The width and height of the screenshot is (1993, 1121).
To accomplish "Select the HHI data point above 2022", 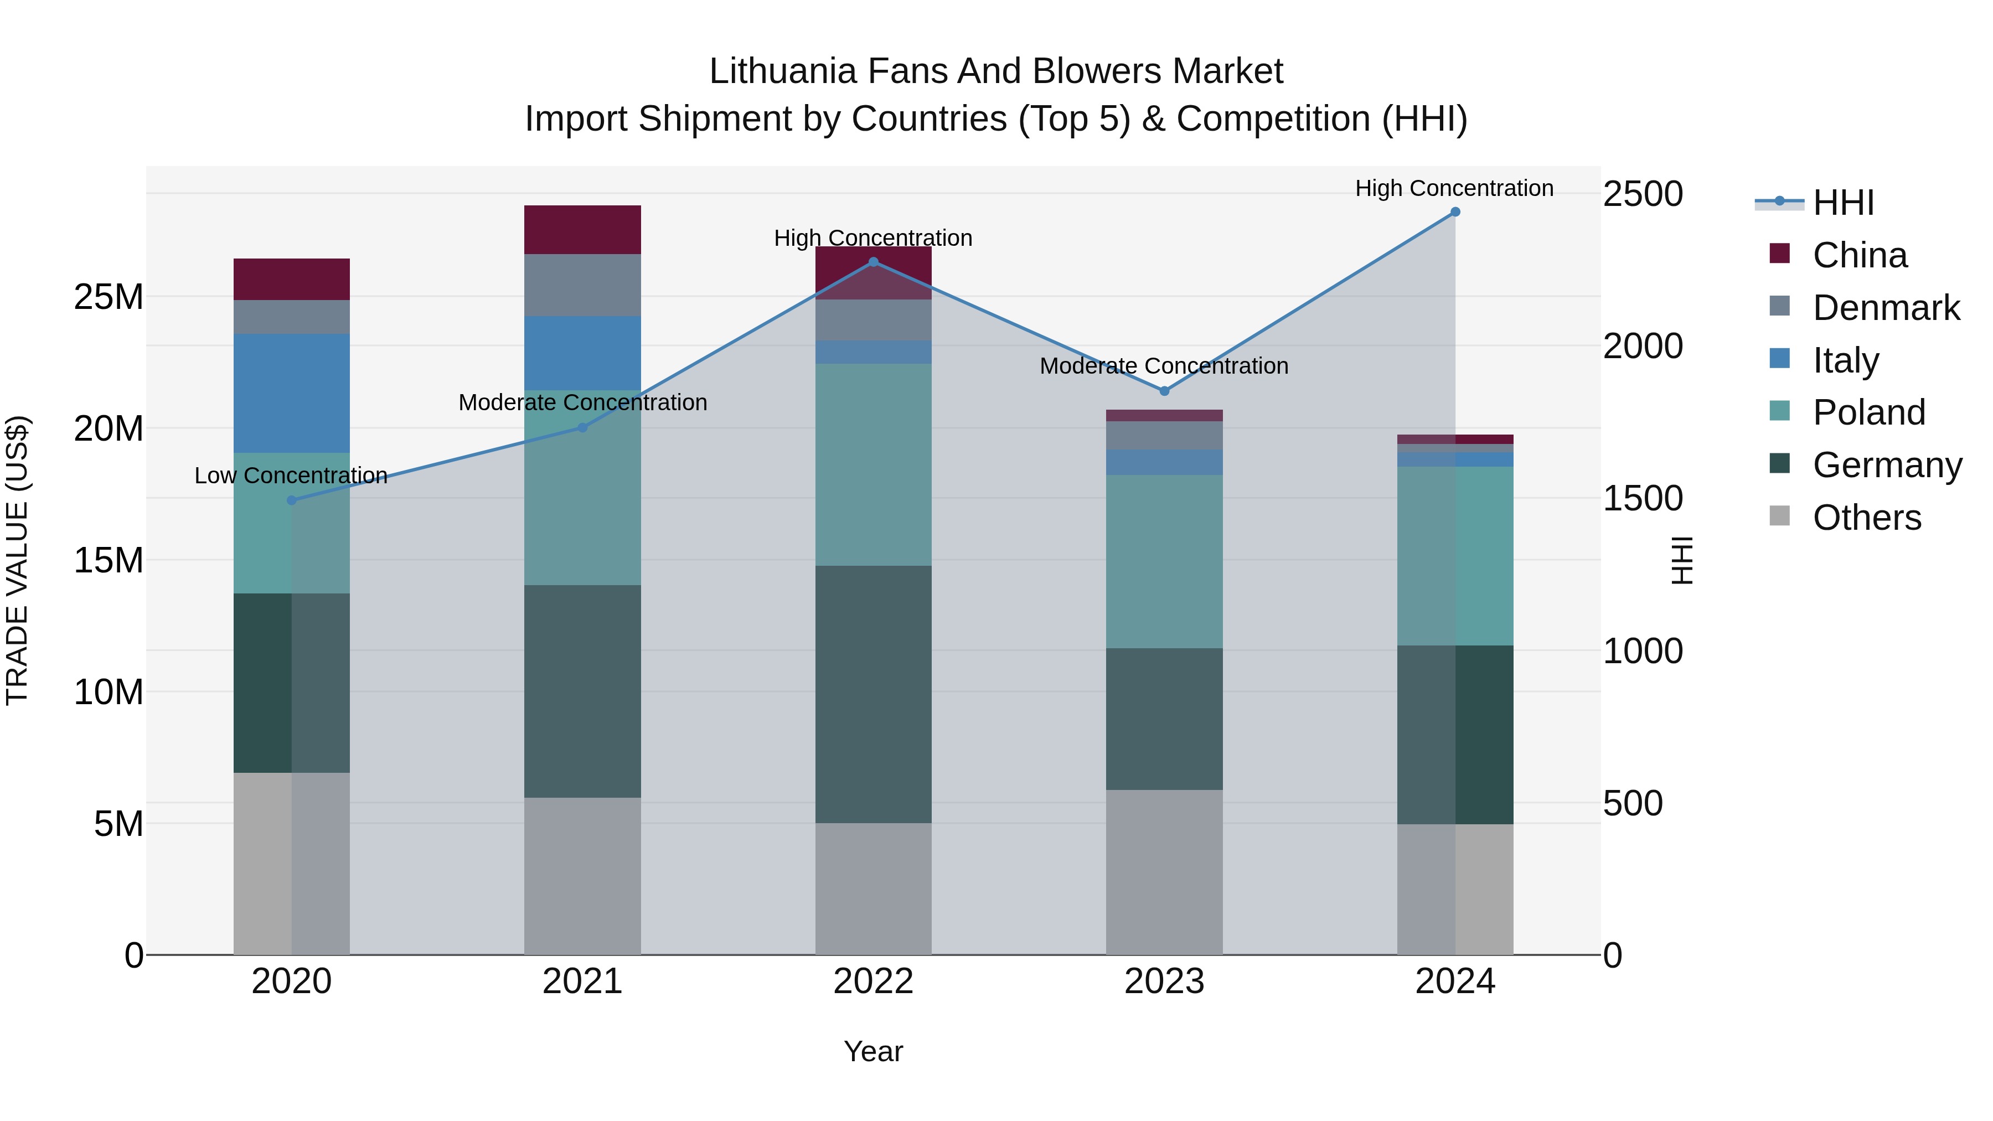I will coord(874,262).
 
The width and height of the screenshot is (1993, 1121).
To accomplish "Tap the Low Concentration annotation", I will coord(291,476).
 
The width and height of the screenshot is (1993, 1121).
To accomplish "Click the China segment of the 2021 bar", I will coord(582,230).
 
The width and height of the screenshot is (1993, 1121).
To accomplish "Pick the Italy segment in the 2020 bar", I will coord(292,393).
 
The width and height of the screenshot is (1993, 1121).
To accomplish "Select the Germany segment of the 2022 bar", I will coord(874,694).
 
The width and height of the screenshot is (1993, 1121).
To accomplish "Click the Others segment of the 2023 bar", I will coord(1164,872).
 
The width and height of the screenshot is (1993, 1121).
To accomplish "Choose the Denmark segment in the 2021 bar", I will coord(582,285).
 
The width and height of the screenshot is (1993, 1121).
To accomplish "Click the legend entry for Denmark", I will coord(1886,308).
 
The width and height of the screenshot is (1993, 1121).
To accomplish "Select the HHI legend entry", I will coord(1843,203).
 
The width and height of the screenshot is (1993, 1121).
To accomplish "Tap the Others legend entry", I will coord(1866,518).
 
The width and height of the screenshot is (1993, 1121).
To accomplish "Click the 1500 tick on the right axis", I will coord(1642,498).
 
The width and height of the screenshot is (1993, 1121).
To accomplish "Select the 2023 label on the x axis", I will coord(1164,981).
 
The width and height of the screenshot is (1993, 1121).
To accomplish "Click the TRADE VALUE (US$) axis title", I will coord(17,560).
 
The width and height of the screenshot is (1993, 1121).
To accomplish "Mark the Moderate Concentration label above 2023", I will coord(1164,366).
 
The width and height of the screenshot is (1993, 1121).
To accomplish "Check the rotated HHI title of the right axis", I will coord(1682,560).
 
